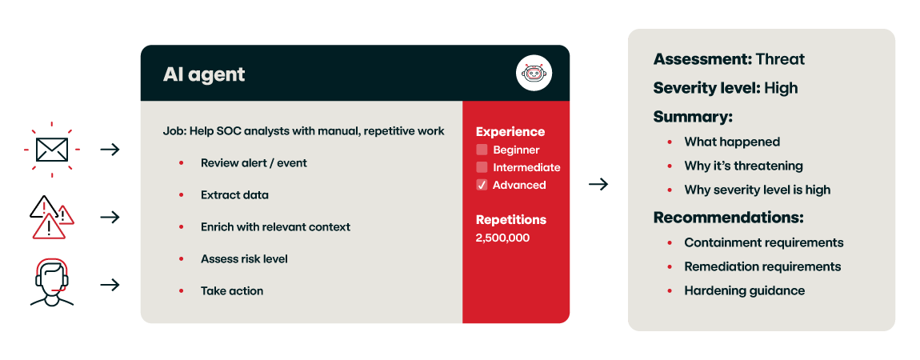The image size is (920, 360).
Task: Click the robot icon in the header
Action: [x=534, y=74]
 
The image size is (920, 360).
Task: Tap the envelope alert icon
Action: [x=50, y=149]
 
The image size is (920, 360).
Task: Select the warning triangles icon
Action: [x=52, y=218]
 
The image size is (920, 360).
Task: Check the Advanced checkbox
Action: [x=482, y=185]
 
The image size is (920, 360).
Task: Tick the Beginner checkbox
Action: [x=482, y=150]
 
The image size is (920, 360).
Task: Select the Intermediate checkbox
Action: [x=482, y=167]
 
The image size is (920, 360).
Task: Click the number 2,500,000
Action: [x=502, y=238]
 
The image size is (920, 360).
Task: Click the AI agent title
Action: [x=204, y=74]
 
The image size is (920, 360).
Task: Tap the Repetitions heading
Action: [x=510, y=219]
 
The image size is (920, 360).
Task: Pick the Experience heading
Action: [x=510, y=132]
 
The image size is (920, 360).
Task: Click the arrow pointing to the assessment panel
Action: [x=598, y=185]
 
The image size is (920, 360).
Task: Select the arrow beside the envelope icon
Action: [x=110, y=149]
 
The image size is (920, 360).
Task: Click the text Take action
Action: [x=231, y=290]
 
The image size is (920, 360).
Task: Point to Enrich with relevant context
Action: [x=275, y=226]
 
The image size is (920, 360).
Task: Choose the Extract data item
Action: [x=234, y=194]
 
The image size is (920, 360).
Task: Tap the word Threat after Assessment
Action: [x=780, y=59]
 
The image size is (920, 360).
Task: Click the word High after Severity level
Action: [x=781, y=88]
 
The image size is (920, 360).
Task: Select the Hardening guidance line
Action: [x=744, y=290]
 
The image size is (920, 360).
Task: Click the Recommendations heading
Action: [x=728, y=218]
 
